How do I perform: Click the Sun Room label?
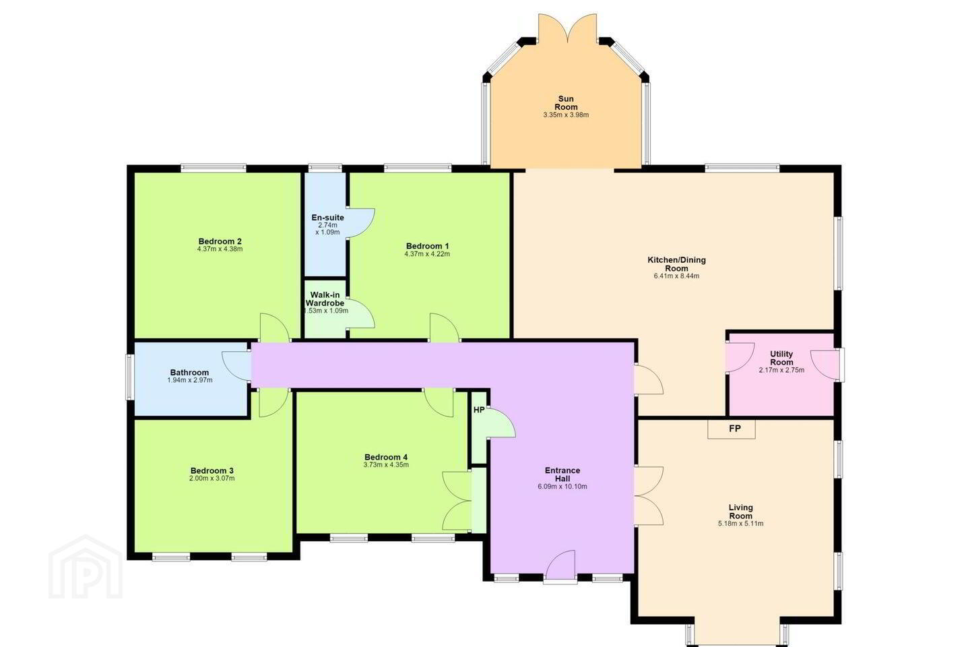tap(566, 102)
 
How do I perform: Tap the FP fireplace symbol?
tap(732, 429)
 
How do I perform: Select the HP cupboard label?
tap(479, 410)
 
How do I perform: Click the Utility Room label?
tap(781, 358)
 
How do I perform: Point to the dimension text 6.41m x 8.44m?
tap(676, 276)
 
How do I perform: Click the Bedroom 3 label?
tap(212, 470)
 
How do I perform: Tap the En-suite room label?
tap(328, 218)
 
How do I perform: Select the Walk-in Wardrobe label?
tap(325, 299)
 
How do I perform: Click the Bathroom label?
tap(189, 372)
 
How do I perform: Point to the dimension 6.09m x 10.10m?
tap(562, 486)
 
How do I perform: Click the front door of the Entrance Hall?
tap(561, 565)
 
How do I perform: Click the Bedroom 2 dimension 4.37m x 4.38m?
tap(220, 249)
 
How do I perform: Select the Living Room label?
tap(740, 512)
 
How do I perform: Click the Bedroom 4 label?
tap(386, 457)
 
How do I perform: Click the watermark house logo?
tap(86, 567)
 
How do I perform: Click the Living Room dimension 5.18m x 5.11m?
tap(740, 524)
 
